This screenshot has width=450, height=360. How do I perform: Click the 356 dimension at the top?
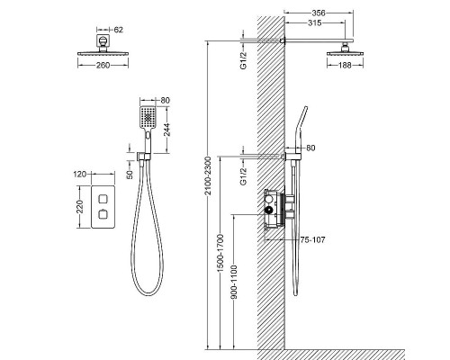319,13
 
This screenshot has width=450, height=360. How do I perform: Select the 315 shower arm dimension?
314,22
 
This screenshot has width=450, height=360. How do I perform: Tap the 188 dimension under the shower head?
345,65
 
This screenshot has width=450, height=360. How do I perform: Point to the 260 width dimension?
103,65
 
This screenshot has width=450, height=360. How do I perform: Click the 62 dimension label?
119,30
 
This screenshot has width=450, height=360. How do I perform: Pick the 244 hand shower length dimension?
166,130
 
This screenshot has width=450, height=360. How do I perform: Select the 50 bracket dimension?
130,175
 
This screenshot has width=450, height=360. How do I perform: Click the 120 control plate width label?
80,174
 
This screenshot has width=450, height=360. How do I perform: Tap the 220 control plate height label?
80,207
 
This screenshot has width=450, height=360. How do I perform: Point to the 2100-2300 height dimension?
208,175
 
